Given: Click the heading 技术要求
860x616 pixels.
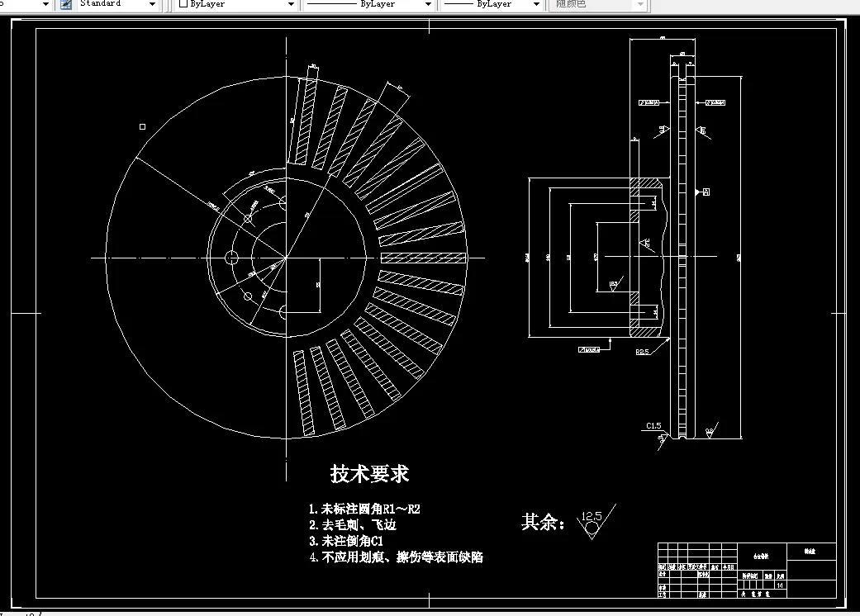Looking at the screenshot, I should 369,474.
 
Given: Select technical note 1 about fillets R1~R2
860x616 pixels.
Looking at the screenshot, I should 370,509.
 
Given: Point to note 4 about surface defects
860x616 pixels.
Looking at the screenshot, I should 396,557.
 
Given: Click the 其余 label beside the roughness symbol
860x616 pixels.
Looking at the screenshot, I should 543,523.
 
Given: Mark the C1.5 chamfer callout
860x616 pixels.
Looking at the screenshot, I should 653,426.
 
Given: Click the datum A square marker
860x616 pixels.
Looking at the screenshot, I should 706,192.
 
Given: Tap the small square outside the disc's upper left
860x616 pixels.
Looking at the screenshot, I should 142,126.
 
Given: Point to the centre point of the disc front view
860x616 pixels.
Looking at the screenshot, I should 287,258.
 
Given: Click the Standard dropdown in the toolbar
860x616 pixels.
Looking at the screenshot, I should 118,5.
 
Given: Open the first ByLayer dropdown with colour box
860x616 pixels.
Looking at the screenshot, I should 236,5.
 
